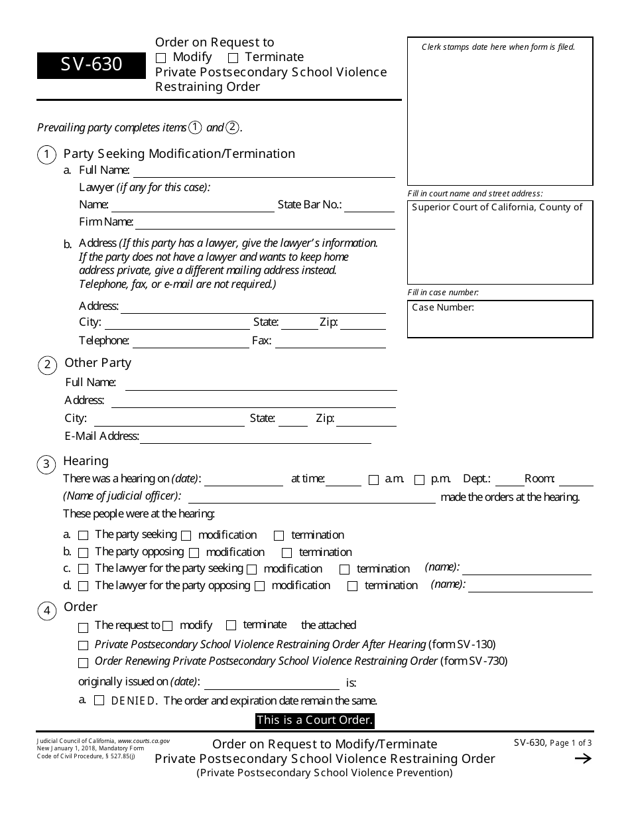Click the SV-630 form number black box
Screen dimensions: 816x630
pyautogui.click(x=92, y=65)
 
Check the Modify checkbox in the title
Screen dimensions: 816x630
pyautogui.click(x=160, y=58)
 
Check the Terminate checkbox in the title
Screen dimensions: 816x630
pyautogui.click(x=233, y=58)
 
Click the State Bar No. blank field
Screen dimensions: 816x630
pyautogui.click(x=369, y=206)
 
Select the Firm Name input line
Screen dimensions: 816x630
pyautogui.click(x=265, y=223)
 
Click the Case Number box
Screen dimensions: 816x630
pyautogui.click(x=500, y=319)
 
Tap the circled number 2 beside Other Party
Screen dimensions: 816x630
pyautogui.click(x=47, y=364)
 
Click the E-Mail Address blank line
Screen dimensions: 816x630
pyautogui.click(x=255, y=437)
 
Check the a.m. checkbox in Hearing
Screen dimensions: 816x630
pyautogui.click(x=373, y=480)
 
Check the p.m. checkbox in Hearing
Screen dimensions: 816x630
pyautogui.click(x=419, y=480)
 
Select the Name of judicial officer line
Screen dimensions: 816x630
pyautogui.click(x=312, y=498)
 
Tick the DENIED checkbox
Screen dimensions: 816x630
pyautogui.click(x=99, y=701)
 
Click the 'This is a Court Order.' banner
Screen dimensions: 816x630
pyautogui.click(x=315, y=720)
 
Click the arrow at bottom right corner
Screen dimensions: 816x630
pyautogui.click(x=582, y=759)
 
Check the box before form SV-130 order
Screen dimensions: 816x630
pyautogui.click(x=83, y=646)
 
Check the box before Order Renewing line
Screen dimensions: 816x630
pyautogui.click(x=83, y=663)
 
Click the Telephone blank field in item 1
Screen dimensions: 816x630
pyautogui.click(x=190, y=342)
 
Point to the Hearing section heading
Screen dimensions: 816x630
pyautogui.click(x=86, y=461)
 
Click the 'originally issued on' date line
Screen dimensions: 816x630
pyautogui.click(x=272, y=683)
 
